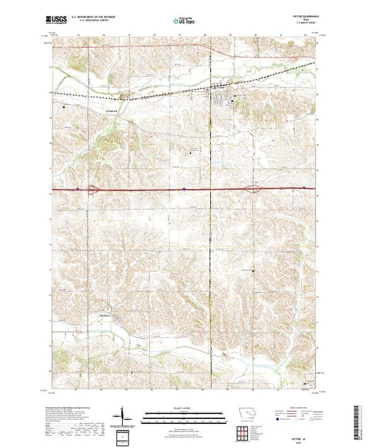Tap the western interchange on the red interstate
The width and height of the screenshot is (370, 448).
coord(94,189)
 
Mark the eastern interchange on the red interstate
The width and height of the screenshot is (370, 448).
coord(254,189)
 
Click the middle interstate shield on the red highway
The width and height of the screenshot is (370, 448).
coord(184,189)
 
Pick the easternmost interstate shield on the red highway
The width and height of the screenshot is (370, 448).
coord(304,188)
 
